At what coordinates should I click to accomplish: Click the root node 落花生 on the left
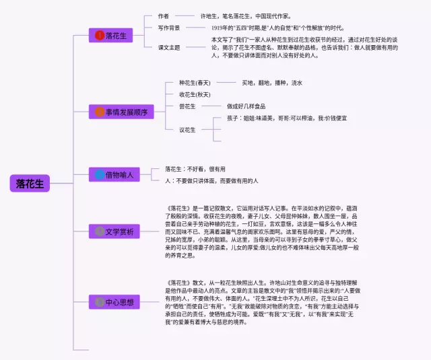click(x=30, y=183)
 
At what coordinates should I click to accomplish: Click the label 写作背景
click(x=169, y=28)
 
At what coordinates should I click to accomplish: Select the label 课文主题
click(x=169, y=48)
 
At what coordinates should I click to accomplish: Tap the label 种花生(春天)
click(x=195, y=83)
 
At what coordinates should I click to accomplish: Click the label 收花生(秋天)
click(x=195, y=94)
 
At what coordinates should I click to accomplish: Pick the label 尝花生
click(x=187, y=106)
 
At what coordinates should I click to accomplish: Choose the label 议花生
click(x=187, y=130)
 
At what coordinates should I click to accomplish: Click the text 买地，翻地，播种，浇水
click(x=272, y=83)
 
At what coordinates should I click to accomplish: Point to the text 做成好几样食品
click(x=246, y=106)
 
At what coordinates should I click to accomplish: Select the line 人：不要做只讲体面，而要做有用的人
click(x=212, y=181)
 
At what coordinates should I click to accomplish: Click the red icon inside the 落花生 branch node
click(x=100, y=35)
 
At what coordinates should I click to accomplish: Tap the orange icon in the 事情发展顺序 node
click(x=100, y=111)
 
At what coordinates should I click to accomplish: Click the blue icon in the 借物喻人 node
click(x=100, y=175)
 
